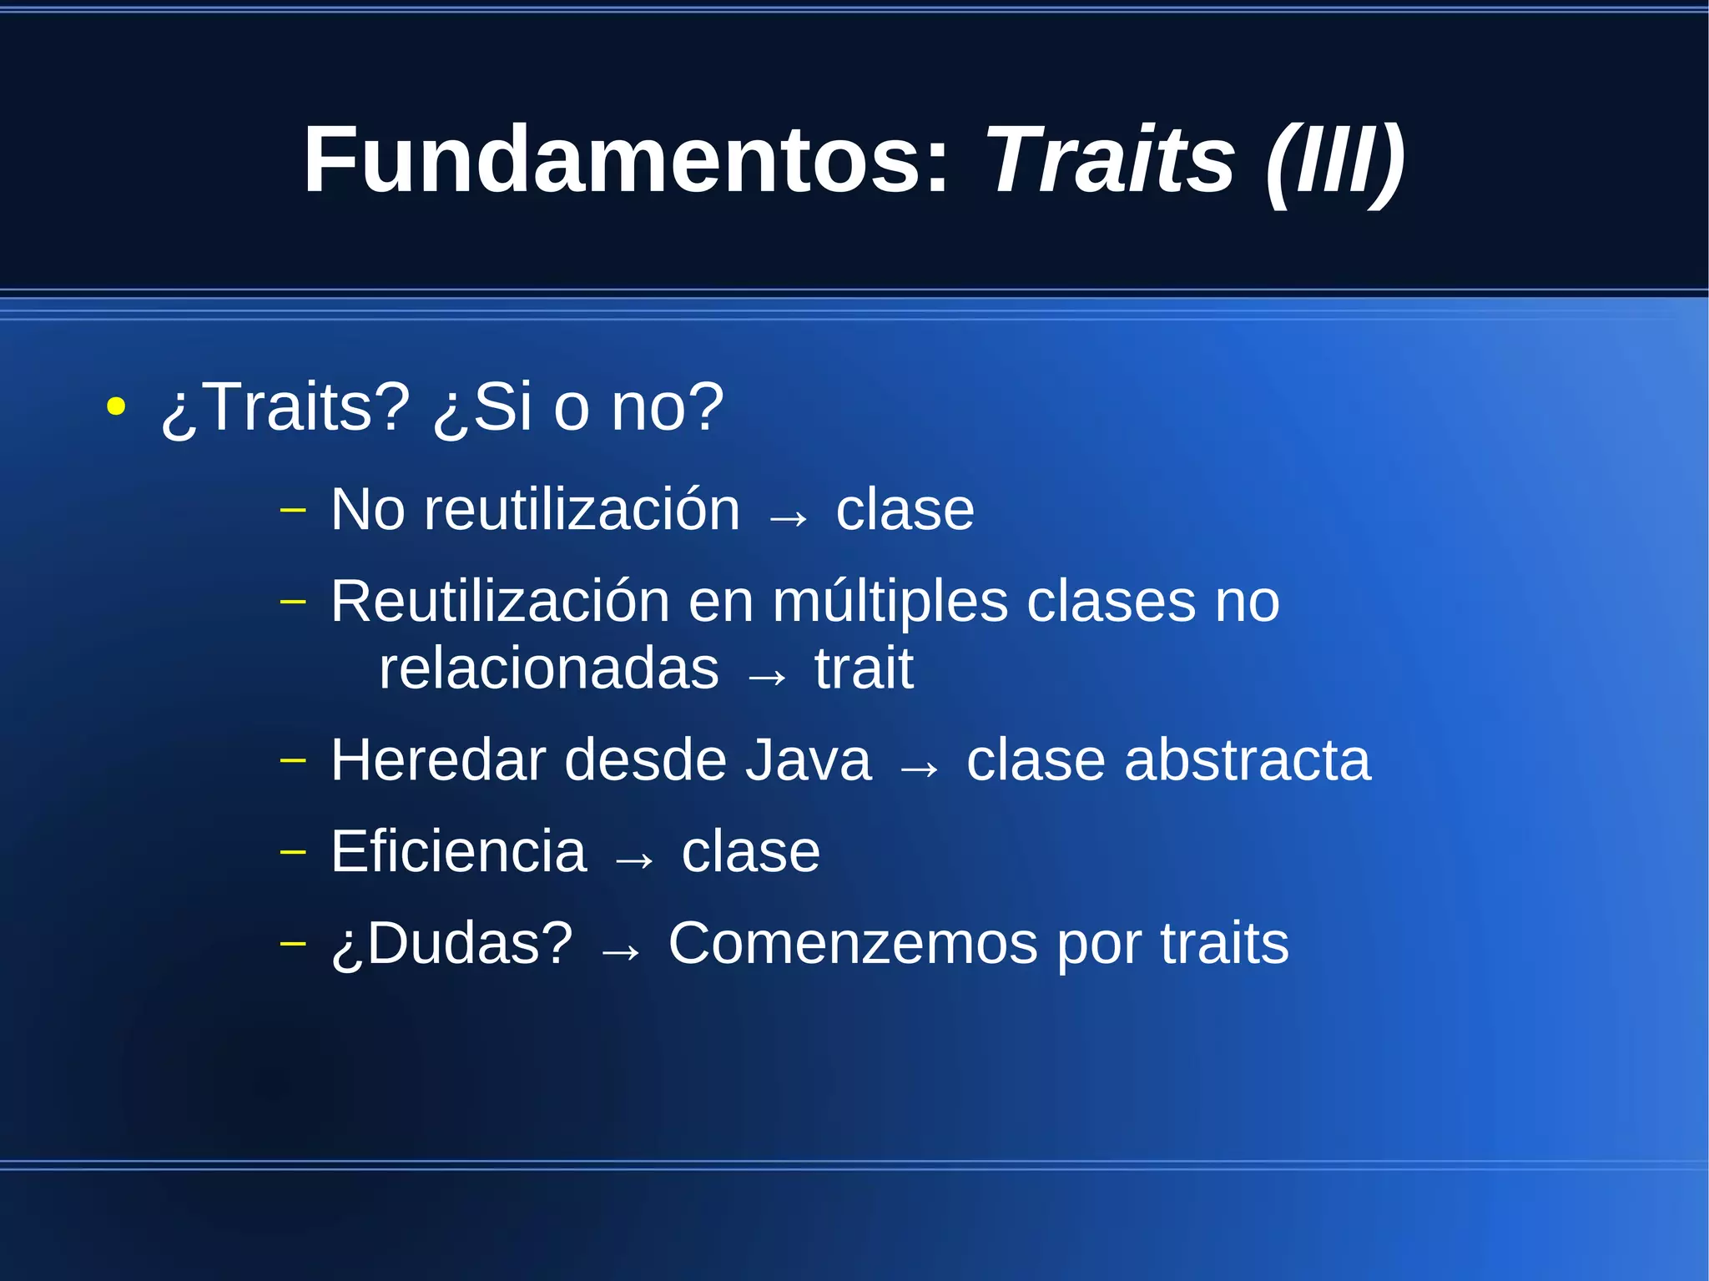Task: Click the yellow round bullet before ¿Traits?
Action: pos(116,408)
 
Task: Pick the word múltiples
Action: pos(890,603)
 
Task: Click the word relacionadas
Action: pos(548,669)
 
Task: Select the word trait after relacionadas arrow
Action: pos(864,669)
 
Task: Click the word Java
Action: pos(808,760)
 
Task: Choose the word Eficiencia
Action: pos(459,852)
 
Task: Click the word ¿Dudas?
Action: pos(452,944)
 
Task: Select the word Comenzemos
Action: pos(854,944)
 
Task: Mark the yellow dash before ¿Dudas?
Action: pos(293,943)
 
